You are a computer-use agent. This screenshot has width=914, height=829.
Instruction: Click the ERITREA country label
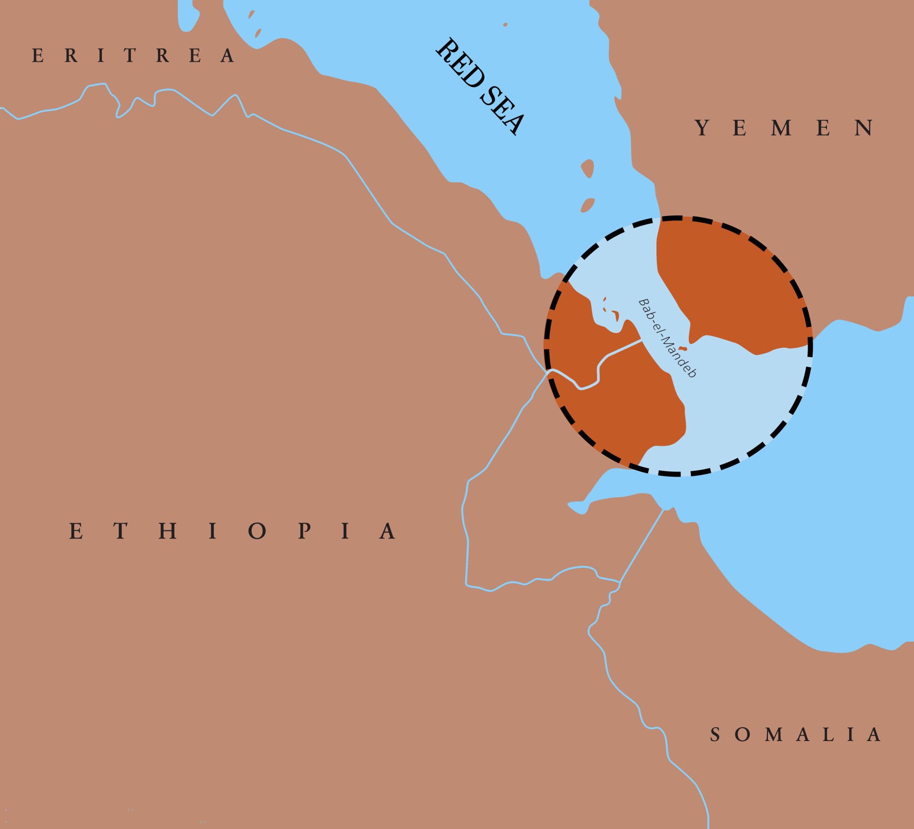tap(133, 56)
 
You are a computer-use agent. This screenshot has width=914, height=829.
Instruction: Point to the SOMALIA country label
tap(795, 735)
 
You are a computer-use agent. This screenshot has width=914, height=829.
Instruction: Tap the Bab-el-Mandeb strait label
tap(667, 338)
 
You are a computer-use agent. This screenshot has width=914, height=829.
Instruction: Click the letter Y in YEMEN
tap(702, 128)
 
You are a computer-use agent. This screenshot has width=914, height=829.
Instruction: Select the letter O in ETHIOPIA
tap(257, 531)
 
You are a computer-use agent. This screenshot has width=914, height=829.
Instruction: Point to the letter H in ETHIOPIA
tap(168, 531)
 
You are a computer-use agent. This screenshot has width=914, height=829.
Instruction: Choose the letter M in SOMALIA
tap(774, 735)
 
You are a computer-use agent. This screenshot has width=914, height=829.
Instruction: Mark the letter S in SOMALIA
tap(715, 735)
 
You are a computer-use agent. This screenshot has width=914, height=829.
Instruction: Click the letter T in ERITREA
tap(130, 56)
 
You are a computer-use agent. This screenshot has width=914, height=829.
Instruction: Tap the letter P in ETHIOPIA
tap(304, 531)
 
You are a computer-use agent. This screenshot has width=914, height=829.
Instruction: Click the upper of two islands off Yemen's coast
tap(587, 168)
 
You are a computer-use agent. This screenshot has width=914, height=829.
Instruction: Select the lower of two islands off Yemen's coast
tap(587, 205)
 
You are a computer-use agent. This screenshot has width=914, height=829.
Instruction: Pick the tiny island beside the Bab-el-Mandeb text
tap(683, 349)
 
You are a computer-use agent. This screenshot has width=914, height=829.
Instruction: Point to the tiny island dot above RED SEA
tap(505, 24)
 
